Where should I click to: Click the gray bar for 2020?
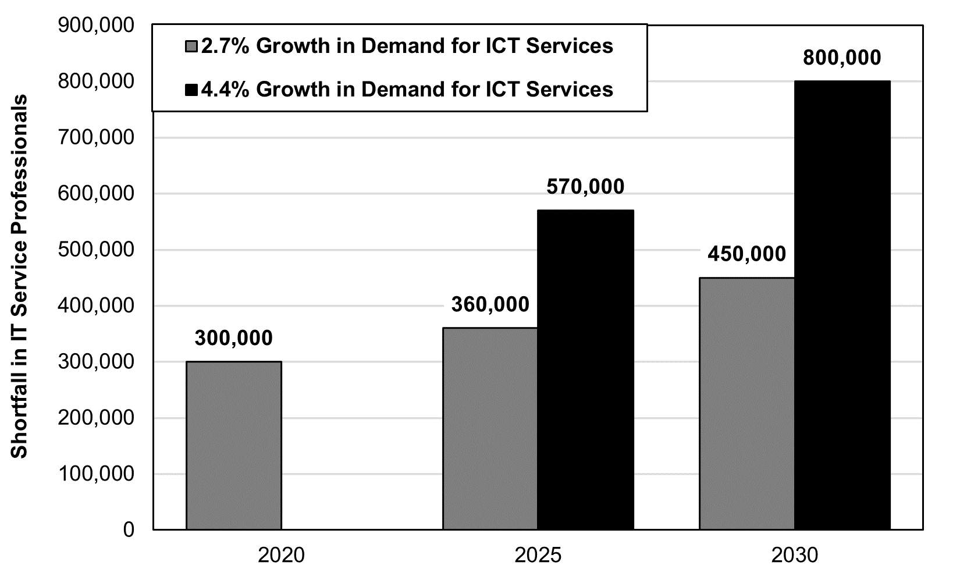pyautogui.click(x=233, y=445)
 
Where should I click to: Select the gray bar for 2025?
pyautogui.click(x=490, y=428)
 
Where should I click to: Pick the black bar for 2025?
pyautogui.click(x=585, y=369)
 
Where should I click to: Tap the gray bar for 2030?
pyautogui.click(x=746, y=403)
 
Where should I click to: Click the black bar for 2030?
pyautogui.click(x=842, y=305)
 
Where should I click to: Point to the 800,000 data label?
pyautogui.click(x=841, y=58)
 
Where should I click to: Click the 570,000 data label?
pyautogui.click(x=585, y=187)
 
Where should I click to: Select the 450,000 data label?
pyautogui.click(x=746, y=254)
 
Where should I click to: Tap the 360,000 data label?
pyautogui.click(x=490, y=304)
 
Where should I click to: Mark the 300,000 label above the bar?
pyautogui.click(x=233, y=338)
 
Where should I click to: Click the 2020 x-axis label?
pyautogui.click(x=281, y=555)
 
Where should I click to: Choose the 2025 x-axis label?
pyautogui.click(x=538, y=555)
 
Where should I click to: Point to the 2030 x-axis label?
pyautogui.click(x=794, y=555)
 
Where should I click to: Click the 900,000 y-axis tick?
pyautogui.click(x=97, y=25)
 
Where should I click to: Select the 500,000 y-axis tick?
pyautogui.click(x=97, y=249)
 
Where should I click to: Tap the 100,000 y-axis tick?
pyautogui.click(x=97, y=474)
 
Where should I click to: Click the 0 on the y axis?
pyautogui.click(x=127, y=529)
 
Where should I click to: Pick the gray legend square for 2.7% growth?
pyautogui.click(x=192, y=47)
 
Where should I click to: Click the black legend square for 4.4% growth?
pyautogui.click(x=192, y=90)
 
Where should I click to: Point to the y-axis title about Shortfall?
pyautogui.click(x=20, y=276)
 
